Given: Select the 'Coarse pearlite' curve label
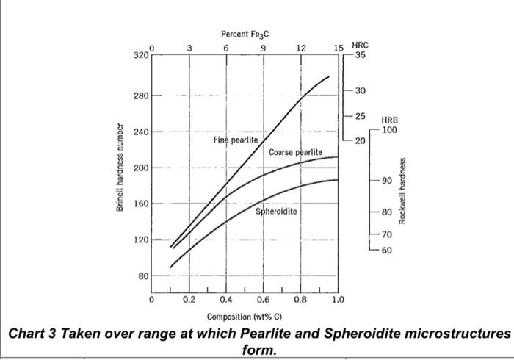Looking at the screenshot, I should tap(295, 152).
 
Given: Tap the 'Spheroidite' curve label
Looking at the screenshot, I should tap(276, 212).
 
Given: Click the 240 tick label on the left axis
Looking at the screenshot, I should tap(140, 132).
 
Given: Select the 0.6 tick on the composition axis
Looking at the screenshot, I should tap(263, 300).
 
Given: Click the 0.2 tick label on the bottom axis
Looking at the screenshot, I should tap(189, 300).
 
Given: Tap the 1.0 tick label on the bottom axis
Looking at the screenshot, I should tap(337, 300).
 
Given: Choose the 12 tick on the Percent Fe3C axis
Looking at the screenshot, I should tap(301, 48).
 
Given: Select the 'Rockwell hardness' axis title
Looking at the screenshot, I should tap(402, 190).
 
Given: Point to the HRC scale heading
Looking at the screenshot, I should tap(361, 45).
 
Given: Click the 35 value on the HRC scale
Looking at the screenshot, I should tap(360, 55).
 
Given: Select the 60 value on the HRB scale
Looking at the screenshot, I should tap(387, 251).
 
